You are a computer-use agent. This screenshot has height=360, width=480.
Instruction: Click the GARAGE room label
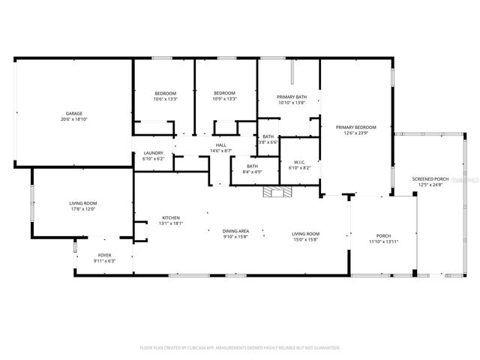(x=73, y=114)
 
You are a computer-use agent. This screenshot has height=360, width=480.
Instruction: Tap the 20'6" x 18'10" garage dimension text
(x=73, y=119)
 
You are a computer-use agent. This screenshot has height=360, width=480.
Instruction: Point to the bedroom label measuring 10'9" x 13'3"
(x=225, y=93)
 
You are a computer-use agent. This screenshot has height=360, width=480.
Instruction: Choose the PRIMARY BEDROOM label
(x=355, y=127)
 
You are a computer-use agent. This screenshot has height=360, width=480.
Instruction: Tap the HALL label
(x=221, y=145)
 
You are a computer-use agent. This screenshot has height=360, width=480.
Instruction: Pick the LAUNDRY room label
(x=153, y=153)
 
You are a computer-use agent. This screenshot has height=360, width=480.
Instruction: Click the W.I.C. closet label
(x=298, y=162)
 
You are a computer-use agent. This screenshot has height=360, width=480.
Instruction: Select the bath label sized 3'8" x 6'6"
(x=268, y=136)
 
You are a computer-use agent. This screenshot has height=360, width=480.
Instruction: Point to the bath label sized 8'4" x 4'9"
(x=253, y=166)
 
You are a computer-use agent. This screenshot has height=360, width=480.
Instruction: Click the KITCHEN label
(x=171, y=218)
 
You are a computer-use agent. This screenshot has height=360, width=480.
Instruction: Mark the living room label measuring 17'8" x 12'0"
(x=83, y=203)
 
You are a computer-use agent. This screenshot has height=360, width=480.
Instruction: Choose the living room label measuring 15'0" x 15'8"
(x=305, y=234)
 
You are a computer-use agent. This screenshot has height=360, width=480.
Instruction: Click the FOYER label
(x=104, y=255)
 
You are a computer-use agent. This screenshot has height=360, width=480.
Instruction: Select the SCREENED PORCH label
(x=430, y=178)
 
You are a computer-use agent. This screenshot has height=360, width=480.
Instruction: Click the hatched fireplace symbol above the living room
(x=275, y=192)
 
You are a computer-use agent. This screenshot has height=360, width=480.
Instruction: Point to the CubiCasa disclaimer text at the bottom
(x=240, y=348)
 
